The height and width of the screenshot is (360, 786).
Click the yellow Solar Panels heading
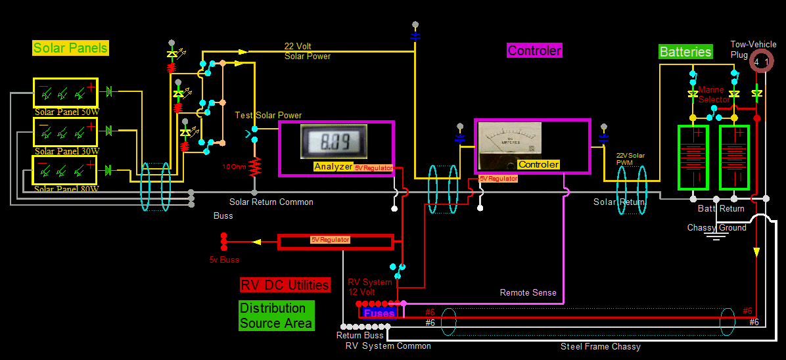pos(70,48)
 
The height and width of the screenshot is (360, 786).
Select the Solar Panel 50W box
pos(66,93)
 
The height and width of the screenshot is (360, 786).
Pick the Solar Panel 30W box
pos(66,132)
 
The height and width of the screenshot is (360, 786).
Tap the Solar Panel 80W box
pos(66,171)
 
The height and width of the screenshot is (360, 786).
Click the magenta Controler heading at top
pos(534,51)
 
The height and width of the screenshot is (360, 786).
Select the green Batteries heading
pos(685,52)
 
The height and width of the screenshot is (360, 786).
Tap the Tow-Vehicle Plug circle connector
pos(761,62)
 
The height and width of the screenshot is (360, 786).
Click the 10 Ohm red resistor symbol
pos(254,168)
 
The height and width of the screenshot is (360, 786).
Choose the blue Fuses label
pos(379,313)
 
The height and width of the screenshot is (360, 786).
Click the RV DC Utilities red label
pos(285,285)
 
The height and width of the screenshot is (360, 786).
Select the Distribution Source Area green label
pos(276,315)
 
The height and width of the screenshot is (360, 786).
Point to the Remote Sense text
pos(528,293)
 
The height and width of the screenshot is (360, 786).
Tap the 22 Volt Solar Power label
pos(307,51)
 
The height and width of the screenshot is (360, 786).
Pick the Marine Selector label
pos(712,95)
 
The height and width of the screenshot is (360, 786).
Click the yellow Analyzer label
pos(333,167)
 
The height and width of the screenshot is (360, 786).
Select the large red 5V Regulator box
pos(335,241)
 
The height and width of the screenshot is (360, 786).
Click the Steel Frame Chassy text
pos(600,346)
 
